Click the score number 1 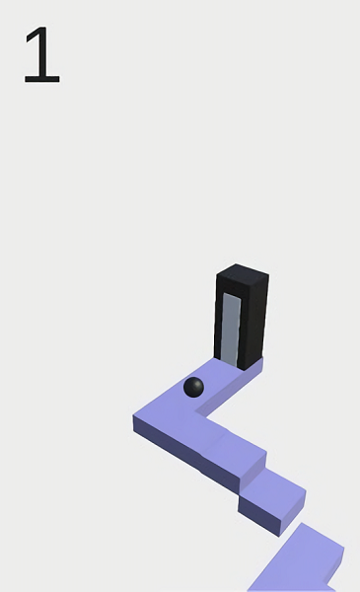click(41, 54)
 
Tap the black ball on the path click(193, 387)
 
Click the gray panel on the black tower click(231, 329)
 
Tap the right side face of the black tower click(255, 321)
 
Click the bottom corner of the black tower click(245, 370)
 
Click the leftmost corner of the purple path click(133, 415)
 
